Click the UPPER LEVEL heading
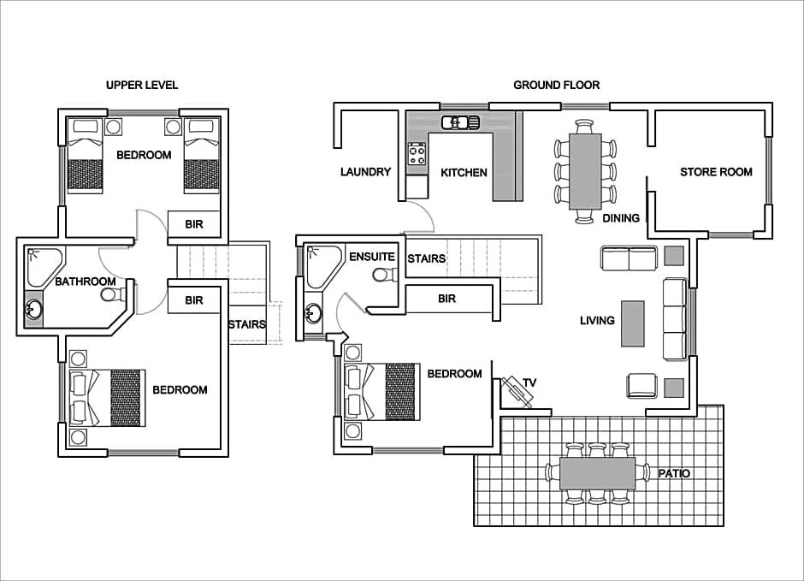(142, 85)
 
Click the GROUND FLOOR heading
(556, 85)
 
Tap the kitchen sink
(460, 122)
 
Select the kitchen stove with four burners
(417, 153)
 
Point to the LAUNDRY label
(365, 172)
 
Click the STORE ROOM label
(716, 172)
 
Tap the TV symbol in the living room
(517, 391)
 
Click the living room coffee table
(633, 323)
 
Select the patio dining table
(597, 473)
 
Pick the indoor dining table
(585, 171)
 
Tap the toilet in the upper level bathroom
(113, 294)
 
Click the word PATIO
(674, 473)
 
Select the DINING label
(620, 218)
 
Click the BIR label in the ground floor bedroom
(446, 299)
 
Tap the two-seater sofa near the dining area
(629, 258)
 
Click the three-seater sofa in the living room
(676, 319)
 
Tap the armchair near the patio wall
(641, 386)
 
